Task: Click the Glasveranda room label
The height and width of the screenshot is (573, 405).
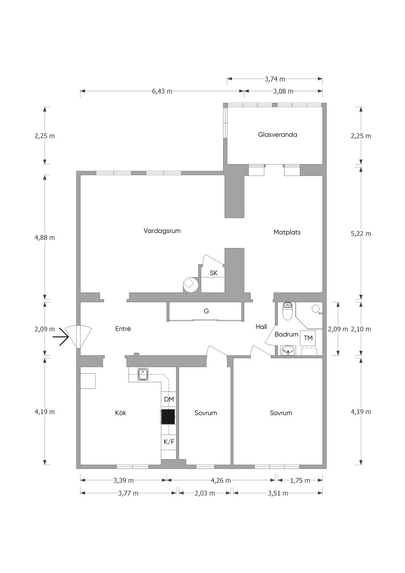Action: click(x=277, y=134)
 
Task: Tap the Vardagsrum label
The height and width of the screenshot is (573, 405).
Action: click(x=162, y=231)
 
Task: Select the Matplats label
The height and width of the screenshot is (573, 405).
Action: click(x=287, y=232)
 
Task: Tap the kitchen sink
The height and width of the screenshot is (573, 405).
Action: click(x=143, y=374)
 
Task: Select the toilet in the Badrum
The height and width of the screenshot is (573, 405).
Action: click(x=288, y=311)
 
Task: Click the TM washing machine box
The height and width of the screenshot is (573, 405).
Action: click(x=308, y=338)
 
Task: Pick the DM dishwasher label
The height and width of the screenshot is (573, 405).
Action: click(x=169, y=399)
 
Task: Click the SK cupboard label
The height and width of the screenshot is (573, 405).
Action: click(x=213, y=273)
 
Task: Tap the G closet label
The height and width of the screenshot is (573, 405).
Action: click(x=206, y=311)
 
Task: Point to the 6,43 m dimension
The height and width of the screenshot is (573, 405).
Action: click(x=162, y=91)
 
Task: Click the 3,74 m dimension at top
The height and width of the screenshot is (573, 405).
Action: click(x=275, y=79)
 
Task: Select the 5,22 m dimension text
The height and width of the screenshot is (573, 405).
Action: click(x=361, y=234)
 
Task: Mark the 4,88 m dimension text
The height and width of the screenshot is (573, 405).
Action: click(x=45, y=237)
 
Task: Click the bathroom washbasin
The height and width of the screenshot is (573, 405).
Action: click(x=288, y=350)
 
